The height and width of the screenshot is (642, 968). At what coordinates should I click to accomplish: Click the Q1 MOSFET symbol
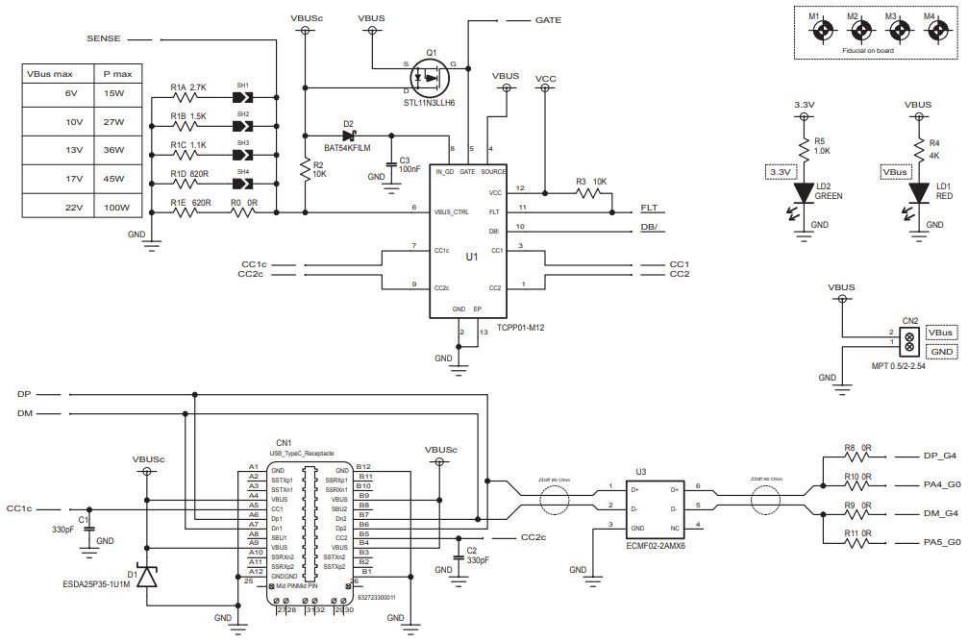pyautogui.click(x=430, y=75)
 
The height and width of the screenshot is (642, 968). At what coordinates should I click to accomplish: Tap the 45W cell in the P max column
pyautogui.click(x=114, y=179)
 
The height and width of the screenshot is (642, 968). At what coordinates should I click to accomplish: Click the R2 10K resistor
pyautogui.click(x=306, y=169)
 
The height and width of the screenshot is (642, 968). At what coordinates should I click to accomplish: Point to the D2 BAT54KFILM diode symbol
pyautogui.click(x=349, y=136)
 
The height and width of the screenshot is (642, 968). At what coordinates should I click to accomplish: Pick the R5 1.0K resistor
pyautogui.click(x=806, y=145)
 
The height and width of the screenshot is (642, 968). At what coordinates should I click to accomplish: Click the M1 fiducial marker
pyautogui.click(x=822, y=31)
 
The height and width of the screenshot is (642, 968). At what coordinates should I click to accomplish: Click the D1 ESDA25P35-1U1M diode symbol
pyautogui.click(x=146, y=577)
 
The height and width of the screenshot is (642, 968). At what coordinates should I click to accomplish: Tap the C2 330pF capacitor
pyautogui.click(x=458, y=556)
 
